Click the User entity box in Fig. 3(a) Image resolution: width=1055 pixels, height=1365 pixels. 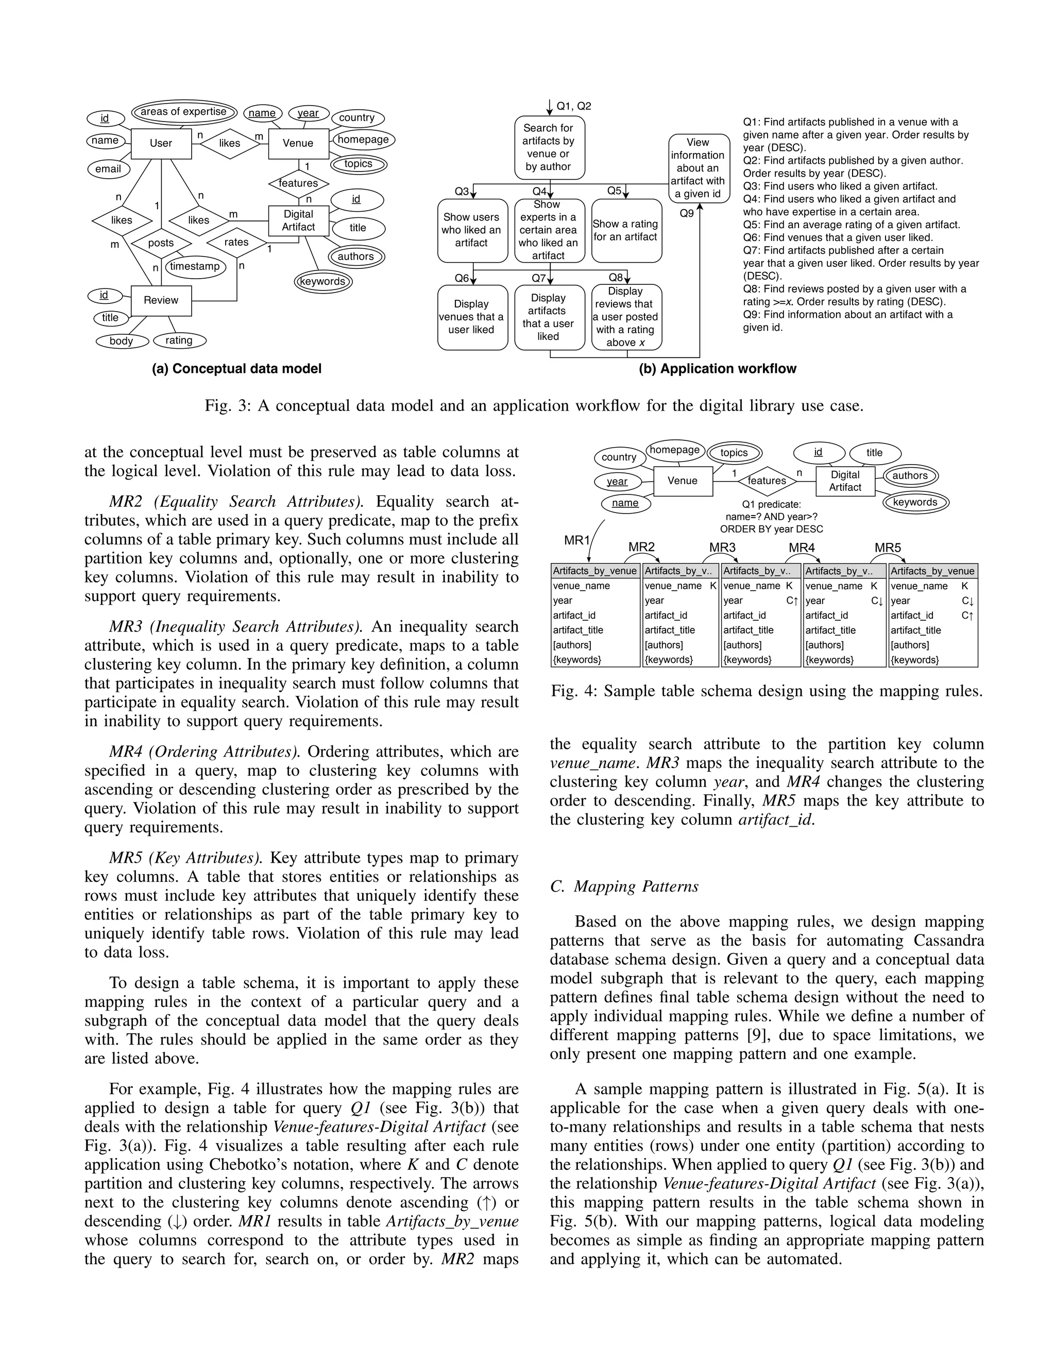[x=161, y=143]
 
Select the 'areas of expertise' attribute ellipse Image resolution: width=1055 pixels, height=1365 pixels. [x=184, y=112]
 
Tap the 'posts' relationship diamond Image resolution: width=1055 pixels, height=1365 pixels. [x=161, y=243]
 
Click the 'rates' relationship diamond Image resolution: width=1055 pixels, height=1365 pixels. [x=236, y=243]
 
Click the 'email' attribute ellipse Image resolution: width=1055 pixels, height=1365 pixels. [x=108, y=169]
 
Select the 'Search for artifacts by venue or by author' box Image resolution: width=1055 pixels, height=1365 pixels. [x=548, y=147]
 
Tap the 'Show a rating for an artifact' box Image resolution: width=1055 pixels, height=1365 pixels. [x=625, y=230]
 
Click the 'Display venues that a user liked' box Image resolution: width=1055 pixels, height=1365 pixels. [x=471, y=317]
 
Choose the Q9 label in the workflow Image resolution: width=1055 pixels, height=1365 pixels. [x=686, y=214]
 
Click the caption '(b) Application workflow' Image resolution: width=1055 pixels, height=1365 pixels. [x=717, y=369]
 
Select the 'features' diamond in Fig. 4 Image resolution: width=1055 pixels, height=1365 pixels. [x=767, y=481]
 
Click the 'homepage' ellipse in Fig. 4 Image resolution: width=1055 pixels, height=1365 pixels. [x=674, y=450]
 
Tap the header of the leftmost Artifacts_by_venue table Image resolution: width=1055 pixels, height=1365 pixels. [x=594, y=571]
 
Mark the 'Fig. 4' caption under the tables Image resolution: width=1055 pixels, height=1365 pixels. [x=766, y=691]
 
